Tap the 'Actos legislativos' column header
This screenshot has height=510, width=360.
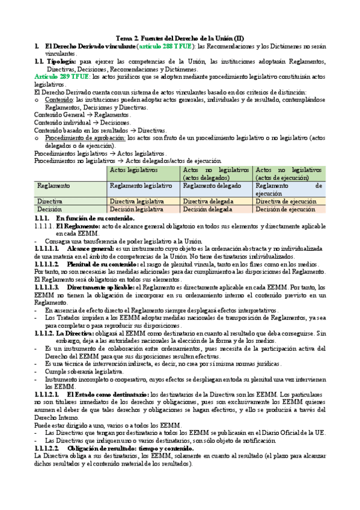[x=131, y=171]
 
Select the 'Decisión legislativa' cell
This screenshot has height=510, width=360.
[x=136, y=209]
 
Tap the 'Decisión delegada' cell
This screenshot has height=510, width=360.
[x=206, y=209]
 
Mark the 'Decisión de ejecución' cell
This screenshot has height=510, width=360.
[x=284, y=209]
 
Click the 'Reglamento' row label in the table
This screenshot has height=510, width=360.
[x=54, y=186]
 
